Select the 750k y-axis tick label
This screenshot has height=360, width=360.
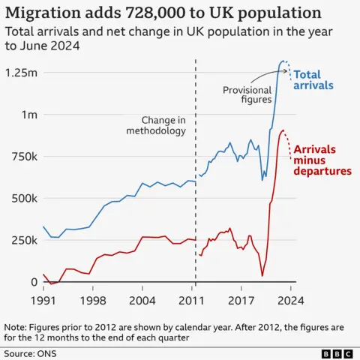pyautogui.click(x=24, y=157)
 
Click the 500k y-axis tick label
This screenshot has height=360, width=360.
pyautogui.click(x=24, y=199)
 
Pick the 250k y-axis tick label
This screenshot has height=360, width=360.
pyautogui.click(x=24, y=241)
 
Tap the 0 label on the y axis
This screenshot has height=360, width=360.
pyautogui.click(x=33, y=282)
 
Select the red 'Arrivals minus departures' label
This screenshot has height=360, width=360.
pyautogui.click(x=322, y=160)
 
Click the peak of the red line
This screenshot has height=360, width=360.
pyautogui.click(x=283, y=130)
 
